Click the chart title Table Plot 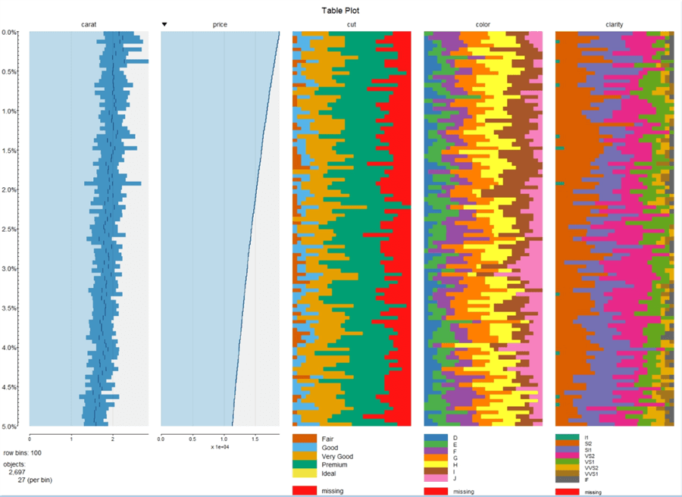340,11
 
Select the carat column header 89,25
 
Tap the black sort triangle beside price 165,25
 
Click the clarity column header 614,25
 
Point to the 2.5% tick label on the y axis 10,230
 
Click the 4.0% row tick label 10,348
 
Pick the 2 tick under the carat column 112,438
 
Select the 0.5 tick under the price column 192,438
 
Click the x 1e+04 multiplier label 221,446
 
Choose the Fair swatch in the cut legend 304,439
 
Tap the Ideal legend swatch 304,474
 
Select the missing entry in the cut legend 331,492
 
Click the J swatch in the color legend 435,479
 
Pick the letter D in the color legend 455,438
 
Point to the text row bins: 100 23,452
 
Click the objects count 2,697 17,472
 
